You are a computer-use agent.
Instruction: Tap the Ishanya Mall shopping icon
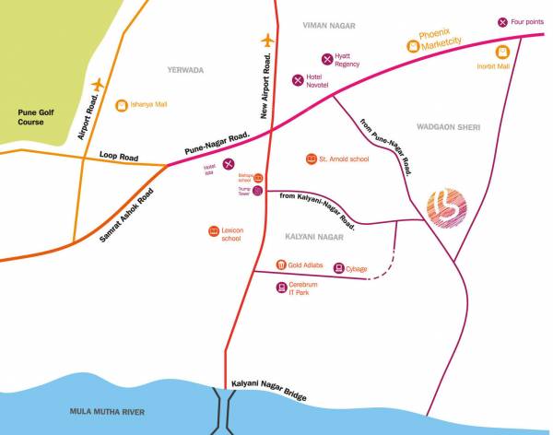(121, 105)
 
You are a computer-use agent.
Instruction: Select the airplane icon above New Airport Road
(268, 41)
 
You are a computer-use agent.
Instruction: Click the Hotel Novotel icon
(298, 80)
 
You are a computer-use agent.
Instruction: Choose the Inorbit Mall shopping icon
(502, 51)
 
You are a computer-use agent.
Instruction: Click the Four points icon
(502, 22)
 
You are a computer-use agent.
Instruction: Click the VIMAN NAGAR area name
(328, 27)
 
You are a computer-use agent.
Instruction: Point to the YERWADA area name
(185, 70)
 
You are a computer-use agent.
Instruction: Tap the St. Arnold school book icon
(310, 159)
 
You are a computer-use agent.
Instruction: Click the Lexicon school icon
(214, 230)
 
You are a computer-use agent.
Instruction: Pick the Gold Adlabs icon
(280, 265)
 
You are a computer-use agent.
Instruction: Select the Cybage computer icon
(338, 268)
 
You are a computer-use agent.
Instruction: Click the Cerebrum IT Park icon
(280, 288)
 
